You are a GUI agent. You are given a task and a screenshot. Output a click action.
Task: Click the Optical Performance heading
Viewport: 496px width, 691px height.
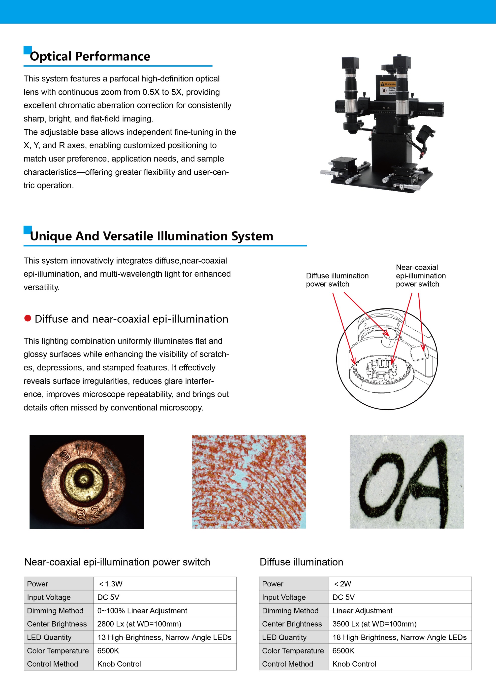point(90,57)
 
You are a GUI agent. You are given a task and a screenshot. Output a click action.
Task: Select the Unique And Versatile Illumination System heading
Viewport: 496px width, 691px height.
point(152,236)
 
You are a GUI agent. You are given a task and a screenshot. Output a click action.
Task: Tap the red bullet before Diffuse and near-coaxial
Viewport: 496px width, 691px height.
point(28,318)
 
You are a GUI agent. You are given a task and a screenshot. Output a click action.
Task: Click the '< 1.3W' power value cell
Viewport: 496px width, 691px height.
point(165,583)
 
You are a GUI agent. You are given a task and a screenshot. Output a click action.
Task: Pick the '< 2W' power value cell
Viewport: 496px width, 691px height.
point(400,583)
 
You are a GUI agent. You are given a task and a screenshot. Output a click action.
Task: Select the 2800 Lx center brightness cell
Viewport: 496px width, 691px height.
point(165,624)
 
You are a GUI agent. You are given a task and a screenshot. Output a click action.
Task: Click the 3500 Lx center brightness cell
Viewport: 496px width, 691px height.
point(400,624)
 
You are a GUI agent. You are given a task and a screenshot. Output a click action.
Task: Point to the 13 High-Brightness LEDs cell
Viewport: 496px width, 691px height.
point(165,637)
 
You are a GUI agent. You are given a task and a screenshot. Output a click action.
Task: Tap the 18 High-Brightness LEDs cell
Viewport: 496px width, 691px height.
point(400,637)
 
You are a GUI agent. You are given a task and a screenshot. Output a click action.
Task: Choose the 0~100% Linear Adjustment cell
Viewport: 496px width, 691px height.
point(165,610)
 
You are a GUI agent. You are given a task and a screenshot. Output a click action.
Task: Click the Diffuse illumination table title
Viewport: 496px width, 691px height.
point(301,562)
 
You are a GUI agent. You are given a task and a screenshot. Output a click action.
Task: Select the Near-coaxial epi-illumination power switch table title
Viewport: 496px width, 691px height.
point(117,562)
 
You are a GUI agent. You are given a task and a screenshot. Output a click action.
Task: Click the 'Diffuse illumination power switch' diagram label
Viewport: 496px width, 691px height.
point(337,280)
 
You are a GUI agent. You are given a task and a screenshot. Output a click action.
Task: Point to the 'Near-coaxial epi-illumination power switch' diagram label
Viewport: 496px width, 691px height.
point(421,276)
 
